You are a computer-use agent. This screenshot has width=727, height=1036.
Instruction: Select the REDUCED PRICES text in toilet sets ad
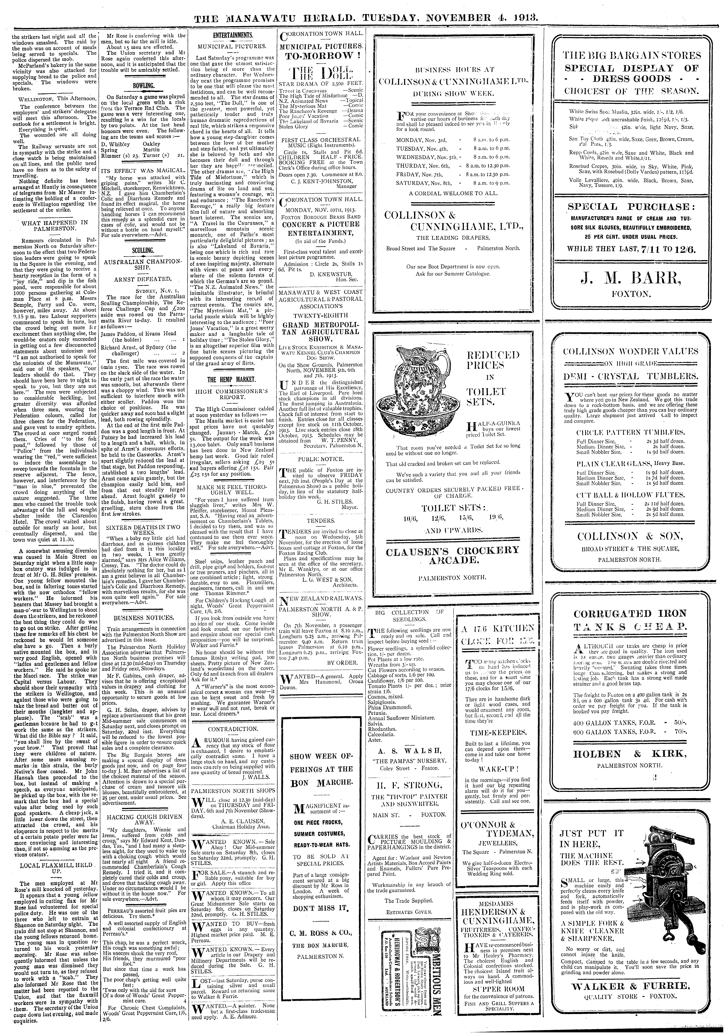pos(493,360)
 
